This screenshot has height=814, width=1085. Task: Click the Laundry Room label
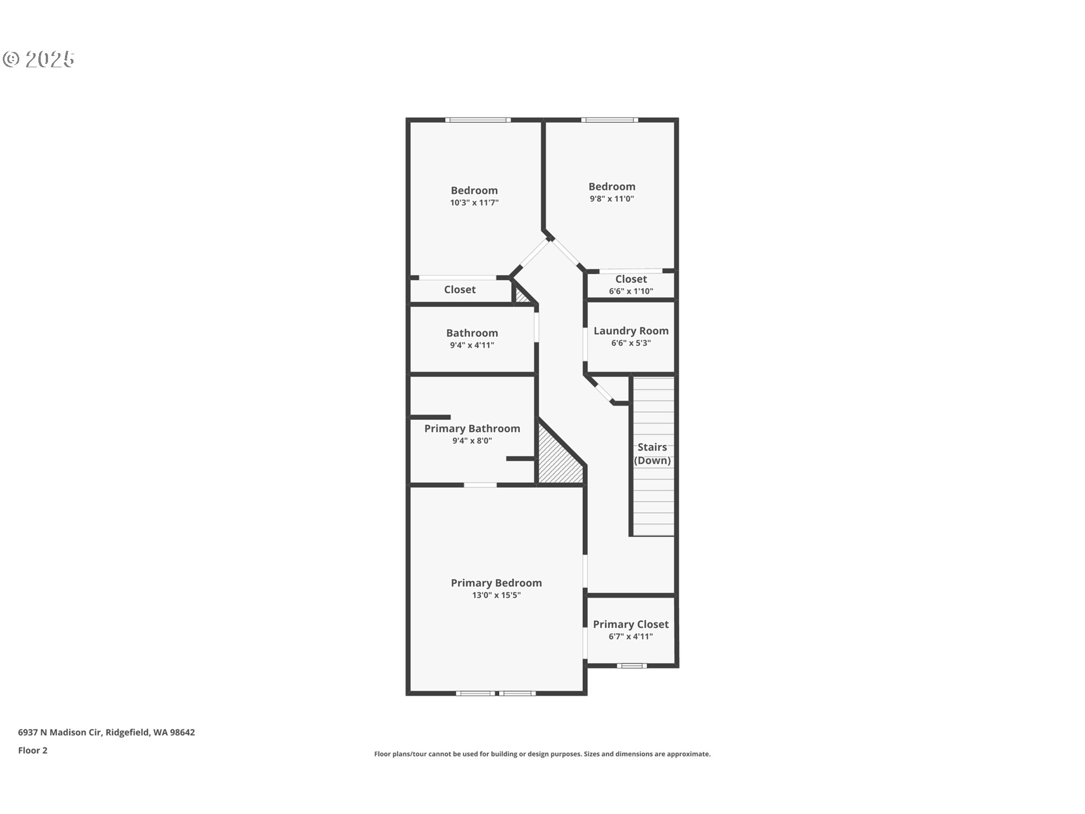point(631,331)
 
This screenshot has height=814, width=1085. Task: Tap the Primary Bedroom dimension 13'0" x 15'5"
point(496,595)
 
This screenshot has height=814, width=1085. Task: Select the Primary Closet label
point(631,624)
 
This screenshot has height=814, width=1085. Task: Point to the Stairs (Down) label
point(652,453)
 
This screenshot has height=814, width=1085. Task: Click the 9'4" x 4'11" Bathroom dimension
point(472,345)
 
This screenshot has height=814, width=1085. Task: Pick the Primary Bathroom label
point(472,428)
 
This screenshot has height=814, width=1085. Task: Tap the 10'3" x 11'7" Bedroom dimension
point(474,203)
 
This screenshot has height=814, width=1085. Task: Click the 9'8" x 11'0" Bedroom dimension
point(611,199)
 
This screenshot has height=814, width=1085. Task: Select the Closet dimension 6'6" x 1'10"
point(631,292)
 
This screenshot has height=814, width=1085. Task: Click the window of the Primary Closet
point(631,666)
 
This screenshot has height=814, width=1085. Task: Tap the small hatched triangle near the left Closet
point(522,296)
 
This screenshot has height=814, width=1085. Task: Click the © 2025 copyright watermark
point(38,59)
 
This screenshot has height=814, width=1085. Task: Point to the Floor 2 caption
point(33,751)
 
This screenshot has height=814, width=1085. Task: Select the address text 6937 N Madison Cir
point(59,733)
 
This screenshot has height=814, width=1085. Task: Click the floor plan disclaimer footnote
point(542,754)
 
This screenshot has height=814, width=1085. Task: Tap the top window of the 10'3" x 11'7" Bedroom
point(478,120)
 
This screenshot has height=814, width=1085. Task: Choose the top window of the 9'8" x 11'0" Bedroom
point(610,120)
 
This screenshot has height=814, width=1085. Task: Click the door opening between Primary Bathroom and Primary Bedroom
point(480,485)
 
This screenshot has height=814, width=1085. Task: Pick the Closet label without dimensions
point(459,289)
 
